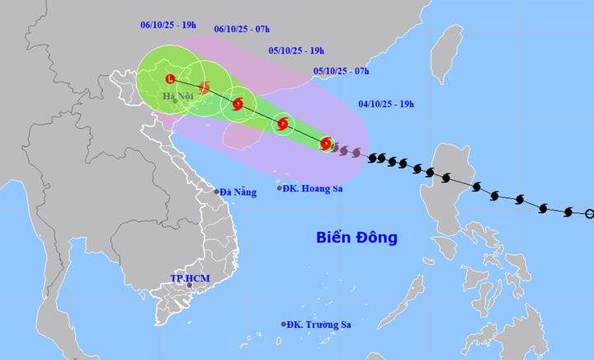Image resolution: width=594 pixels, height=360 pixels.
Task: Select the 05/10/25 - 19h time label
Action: point(296,50)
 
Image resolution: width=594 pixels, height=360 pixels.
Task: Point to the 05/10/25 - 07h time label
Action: point(341,72)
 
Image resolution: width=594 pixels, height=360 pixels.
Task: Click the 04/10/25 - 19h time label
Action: point(386,104)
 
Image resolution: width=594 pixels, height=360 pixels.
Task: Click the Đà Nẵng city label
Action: point(239,192)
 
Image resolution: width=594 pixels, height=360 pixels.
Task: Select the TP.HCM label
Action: point(190,279)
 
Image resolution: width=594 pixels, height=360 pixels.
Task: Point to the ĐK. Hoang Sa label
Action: point(312,189)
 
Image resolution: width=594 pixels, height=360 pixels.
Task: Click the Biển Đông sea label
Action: point(356,238)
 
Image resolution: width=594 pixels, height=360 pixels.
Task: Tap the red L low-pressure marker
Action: point(171,79)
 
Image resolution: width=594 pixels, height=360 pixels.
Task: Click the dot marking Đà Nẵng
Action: point(218,192)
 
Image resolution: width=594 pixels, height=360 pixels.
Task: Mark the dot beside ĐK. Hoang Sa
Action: point(279,189)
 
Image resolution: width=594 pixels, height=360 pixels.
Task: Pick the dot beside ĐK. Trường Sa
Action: point(284,324)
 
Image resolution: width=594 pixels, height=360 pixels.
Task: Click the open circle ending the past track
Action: point(589,214)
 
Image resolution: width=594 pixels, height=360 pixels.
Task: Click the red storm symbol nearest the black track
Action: point(326,143)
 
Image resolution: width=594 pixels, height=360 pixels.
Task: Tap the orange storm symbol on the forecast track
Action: point(204,88)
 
